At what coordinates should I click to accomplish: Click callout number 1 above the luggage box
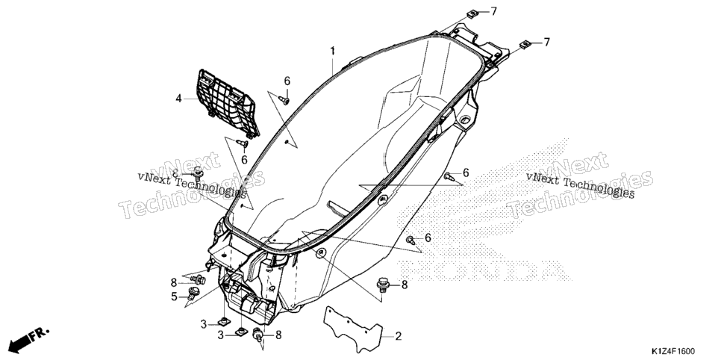coord(332,51)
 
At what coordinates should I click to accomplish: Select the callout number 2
coord(399,336)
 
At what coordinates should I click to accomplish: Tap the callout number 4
coord(179,98)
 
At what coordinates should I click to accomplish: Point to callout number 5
coord(174,297)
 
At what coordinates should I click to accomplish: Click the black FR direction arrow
coord(19,341)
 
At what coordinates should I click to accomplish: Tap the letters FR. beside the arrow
coord(40,335)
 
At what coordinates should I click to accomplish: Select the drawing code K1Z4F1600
coord(672,351)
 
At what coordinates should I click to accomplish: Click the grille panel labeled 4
coord(228,103)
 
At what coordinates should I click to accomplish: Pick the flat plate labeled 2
coord(353,329)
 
